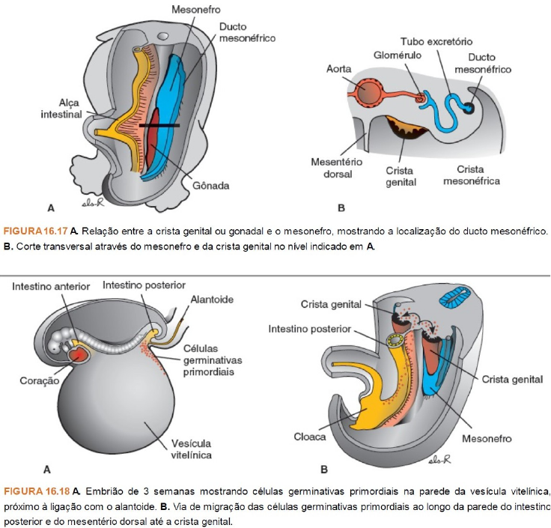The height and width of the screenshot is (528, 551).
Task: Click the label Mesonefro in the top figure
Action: [190, 11]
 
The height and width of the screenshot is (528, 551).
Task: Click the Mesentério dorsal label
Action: [336, 168]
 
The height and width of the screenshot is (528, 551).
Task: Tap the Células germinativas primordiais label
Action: [212, 361]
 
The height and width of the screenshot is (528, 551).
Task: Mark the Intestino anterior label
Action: [51, 287]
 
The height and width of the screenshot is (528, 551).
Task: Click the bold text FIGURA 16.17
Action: [34, 230]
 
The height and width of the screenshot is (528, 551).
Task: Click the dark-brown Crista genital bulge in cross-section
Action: [406, 129]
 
